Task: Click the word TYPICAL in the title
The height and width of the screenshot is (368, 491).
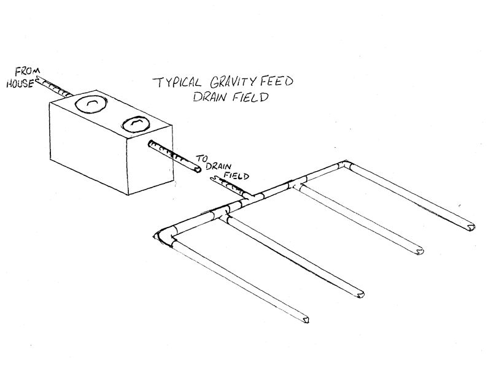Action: [x=177, y=83]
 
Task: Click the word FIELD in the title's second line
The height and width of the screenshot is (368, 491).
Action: [x=250, y=97]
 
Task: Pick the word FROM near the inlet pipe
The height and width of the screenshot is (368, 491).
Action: [x=28, y=72]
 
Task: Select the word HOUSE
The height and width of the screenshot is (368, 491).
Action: [x=20, y=83]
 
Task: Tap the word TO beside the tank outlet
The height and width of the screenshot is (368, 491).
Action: [x=202, y=158]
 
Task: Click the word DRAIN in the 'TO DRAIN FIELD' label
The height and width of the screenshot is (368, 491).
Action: [x=218, y=166]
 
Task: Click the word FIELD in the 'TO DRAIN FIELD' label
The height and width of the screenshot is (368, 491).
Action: [x=236, y=175]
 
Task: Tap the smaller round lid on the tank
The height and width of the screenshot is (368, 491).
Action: [x=136, y=125]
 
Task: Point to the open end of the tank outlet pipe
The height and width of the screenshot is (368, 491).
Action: [x=198, y=169]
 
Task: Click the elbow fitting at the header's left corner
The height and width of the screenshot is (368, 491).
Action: [x=166, y=236]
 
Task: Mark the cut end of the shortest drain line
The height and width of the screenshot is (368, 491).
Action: [x=471, y=227]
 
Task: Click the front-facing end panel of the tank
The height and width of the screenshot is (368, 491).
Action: [x=150, y=159]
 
